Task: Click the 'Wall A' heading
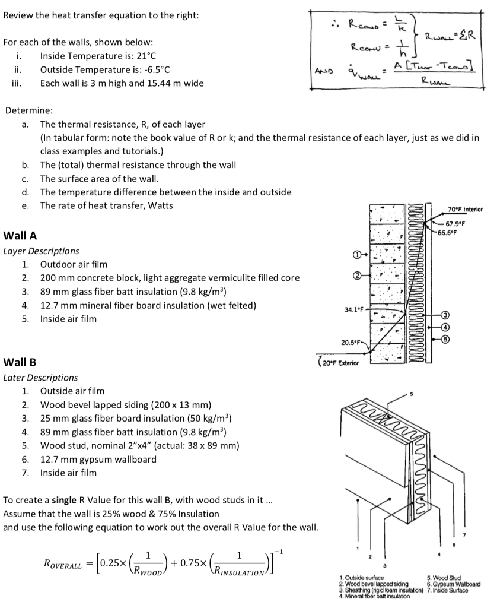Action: pos(20,235)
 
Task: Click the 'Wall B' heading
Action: pos(20,362)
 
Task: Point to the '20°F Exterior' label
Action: pos(339,362)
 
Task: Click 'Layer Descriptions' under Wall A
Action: pos(41,251)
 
